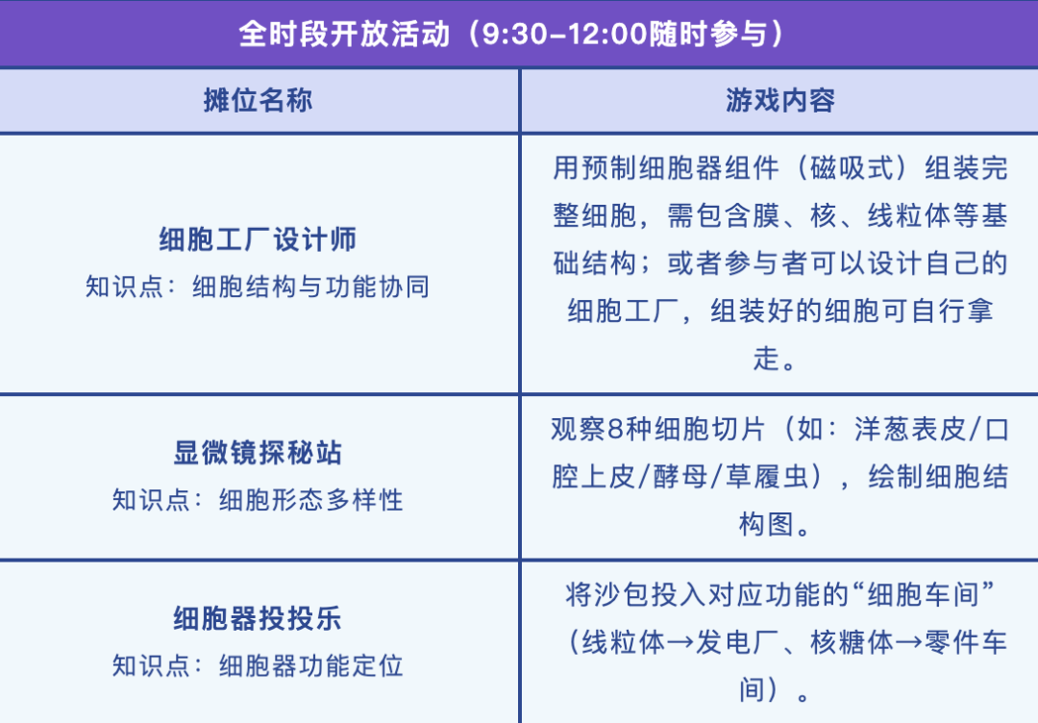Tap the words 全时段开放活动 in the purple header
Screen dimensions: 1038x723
tap(344, 34)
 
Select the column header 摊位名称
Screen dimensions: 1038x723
tap(259, 101)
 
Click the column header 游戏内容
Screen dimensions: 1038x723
tap(779, 101)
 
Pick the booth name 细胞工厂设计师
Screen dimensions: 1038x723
tap(259, 239)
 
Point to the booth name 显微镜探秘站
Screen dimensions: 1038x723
tap(259, 453)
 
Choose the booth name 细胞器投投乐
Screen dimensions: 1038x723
tap(259, 619)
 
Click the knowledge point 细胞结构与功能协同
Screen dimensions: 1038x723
tap(311, 287)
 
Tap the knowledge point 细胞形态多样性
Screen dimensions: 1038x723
tap(311, 500)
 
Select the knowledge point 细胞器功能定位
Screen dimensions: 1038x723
tap(311, 666)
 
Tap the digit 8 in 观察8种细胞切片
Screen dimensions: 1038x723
tap(616, 430)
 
